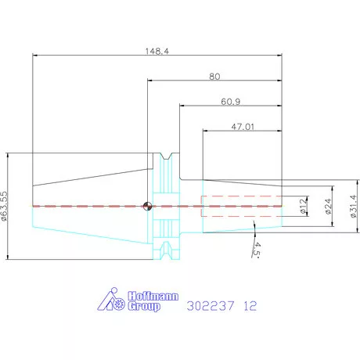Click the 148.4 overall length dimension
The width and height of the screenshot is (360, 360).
(x=157, y=51)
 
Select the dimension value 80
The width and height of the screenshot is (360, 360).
(x=214, y=77)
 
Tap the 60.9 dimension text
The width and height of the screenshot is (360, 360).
(x=231, y=102)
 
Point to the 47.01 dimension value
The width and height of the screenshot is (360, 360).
(x=243, y=127)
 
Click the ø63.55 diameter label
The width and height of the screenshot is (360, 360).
(x=5, y=207)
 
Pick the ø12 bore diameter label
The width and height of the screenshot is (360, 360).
(x=303, y=206)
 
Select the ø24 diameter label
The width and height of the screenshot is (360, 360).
(x=329, y=206)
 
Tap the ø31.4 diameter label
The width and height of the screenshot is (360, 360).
(x=353, y=206)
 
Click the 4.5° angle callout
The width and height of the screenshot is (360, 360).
(x=257, y=250)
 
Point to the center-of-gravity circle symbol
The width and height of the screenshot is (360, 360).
(x=147, y=206)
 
